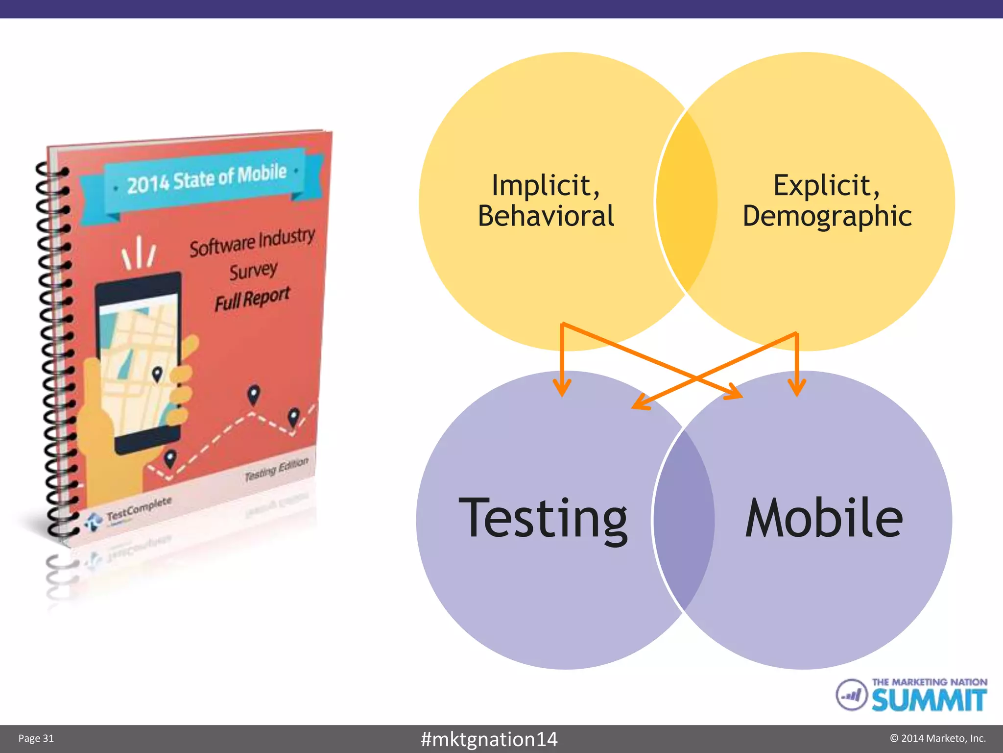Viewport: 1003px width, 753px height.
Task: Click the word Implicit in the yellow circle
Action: point(545,185)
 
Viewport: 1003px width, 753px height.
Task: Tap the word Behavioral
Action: point(546,216)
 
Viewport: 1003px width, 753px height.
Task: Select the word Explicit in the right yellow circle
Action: point(826,185)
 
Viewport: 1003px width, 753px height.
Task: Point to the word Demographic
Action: point(827,216)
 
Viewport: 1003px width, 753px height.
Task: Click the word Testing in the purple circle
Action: point(543,519)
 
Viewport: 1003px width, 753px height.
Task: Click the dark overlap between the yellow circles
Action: point(686,201)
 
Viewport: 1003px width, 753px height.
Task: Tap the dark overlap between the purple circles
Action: point(684,520)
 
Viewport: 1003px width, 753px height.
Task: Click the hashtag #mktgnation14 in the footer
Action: point(489,739)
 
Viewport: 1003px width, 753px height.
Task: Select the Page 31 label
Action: point(36,738)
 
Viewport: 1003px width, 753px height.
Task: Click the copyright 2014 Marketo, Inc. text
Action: point(937,738)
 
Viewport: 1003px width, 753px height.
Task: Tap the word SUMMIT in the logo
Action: point(929,700)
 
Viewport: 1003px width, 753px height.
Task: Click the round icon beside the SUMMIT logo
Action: point(852,694)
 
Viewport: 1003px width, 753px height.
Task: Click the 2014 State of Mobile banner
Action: point(206,179)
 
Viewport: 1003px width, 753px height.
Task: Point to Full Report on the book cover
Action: point(252,299)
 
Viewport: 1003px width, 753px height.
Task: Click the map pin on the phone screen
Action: point(157,374)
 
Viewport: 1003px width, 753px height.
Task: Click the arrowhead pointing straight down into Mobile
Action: point(797,387)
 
